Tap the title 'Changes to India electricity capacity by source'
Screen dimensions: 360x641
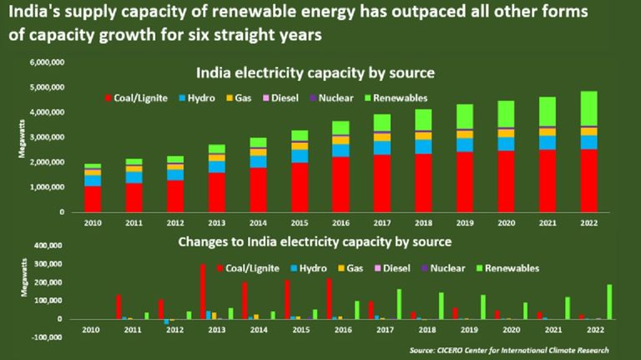click(x=316, y=242)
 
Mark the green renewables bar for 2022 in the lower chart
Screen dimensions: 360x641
click(x=609, y=302)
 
